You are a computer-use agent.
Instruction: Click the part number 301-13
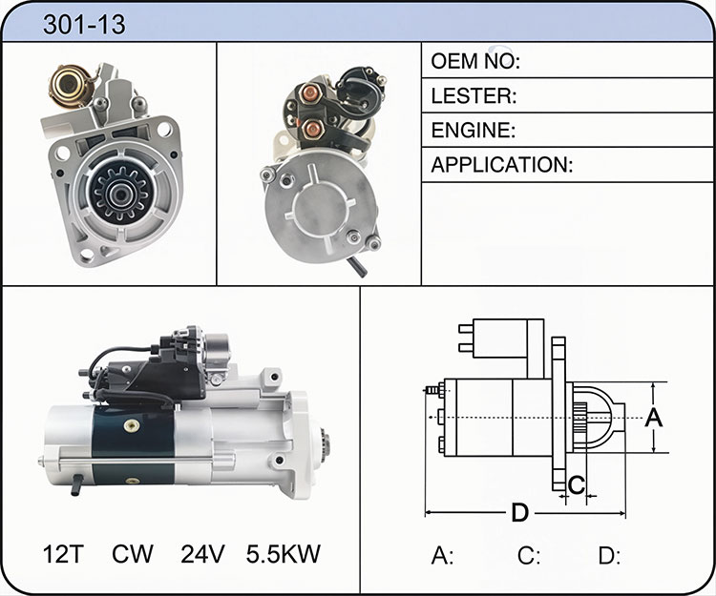click(x=84, y=24)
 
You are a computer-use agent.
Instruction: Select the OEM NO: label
click(x=475, y=61)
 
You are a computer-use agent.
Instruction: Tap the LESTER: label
click(x=474, y=95)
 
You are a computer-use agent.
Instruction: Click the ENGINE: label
click(x=474, y=131)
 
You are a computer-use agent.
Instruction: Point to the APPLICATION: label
click(x=501, y=165)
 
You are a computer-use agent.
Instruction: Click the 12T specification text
click(x=63, y=554)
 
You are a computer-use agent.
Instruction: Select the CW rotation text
click(x=133, y=554)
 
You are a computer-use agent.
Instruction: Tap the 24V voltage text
click(x=202, y=554)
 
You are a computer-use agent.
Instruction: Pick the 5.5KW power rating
click(x=284, y=554)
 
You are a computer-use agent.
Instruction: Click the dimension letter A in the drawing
click(x=653, y=418)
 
